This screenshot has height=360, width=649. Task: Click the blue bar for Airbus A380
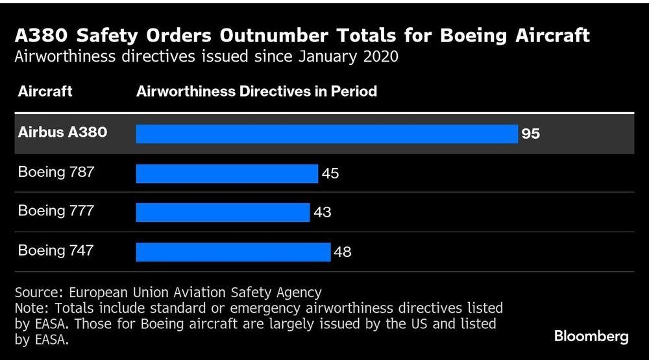pos(326,134)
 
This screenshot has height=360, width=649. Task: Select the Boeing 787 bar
pos(227,173)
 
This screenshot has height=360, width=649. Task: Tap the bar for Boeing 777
pos(223,212)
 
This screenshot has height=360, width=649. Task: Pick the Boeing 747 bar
pos(233,252)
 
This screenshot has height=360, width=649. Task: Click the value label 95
pos(530,134)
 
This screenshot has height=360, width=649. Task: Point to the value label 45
pos(330,174)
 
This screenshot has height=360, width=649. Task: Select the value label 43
pos(323,213)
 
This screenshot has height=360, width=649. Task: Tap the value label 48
pos(342,252)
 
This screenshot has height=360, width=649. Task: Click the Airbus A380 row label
pos(62,132)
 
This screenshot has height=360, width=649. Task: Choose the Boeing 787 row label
pos(56,172)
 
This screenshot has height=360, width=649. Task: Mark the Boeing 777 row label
pos(56,211)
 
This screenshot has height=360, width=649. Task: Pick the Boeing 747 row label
pos(56,250)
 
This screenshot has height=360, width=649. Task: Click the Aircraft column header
pos(45,91)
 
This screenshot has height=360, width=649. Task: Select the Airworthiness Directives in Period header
pos(256,91)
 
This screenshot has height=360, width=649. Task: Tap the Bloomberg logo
pos(591,337)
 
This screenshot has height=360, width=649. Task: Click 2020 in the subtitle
pos(380,56)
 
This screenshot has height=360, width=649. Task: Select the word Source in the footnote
pos(37,293)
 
